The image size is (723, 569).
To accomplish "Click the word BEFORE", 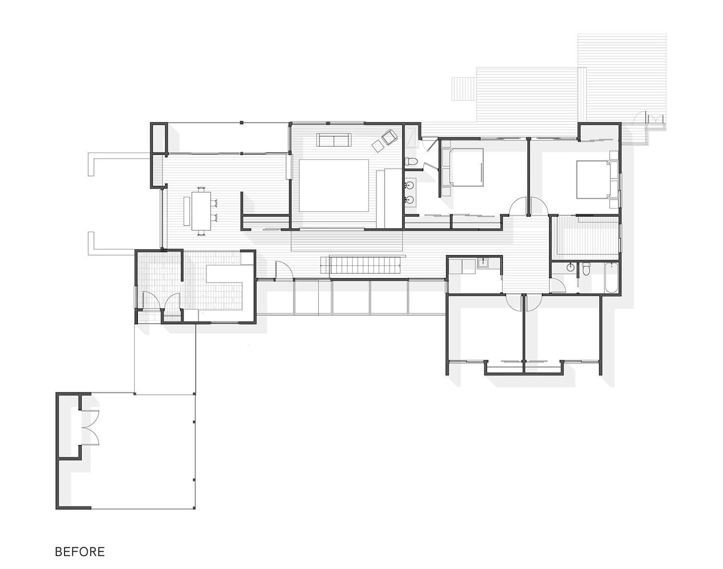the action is pos(80,552).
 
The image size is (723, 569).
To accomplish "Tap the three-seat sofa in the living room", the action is pos(334,139).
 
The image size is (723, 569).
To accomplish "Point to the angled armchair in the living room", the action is pos(389,137).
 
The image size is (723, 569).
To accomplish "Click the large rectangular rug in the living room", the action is pos(334,185).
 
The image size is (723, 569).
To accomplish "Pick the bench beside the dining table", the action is pos(187,210).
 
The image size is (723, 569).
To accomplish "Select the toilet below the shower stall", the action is pos(412,161).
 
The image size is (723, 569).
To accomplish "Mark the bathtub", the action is pos(612,278).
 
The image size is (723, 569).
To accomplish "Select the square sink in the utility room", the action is pos(482,264).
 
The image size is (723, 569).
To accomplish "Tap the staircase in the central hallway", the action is pos(362,265).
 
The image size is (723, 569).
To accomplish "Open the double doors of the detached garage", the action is pos(90,428).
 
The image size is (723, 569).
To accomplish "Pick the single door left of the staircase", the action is pos(283,271).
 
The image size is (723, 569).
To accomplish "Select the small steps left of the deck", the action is pos(464,89).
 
